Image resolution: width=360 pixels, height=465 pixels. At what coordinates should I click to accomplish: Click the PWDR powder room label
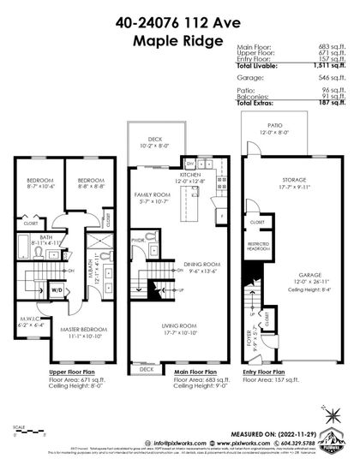point(138,241)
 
